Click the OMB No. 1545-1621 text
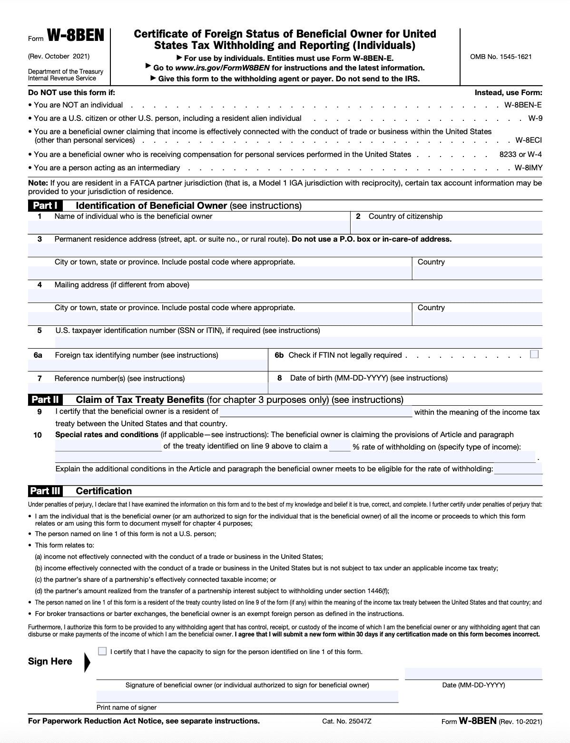501,57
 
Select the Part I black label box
45,205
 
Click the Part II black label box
45,400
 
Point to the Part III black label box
45,491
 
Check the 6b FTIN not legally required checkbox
534,354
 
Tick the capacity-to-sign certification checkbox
102,651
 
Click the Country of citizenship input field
447,227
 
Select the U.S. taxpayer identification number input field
298,342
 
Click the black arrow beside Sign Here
87,662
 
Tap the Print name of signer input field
247,697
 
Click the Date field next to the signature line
473,674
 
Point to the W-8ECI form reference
529,140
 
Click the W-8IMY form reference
528,168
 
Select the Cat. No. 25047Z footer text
346,721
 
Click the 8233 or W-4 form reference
520,155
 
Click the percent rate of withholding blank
340,446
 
